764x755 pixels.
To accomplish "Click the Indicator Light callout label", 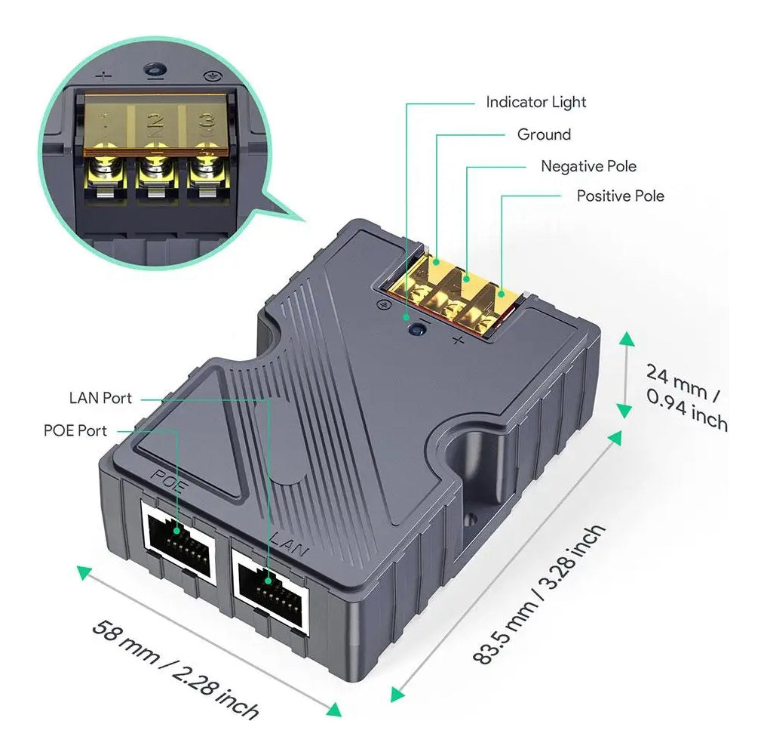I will pyautogui.click(x=535, y=102).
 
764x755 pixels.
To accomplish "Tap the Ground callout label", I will pyautogui.click(x=544, y=134).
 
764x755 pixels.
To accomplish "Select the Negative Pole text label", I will pyautogui.click(x=588, y=166).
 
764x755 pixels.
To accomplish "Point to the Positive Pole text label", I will pyautogui.click(x=620, y=196).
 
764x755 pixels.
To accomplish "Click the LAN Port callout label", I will pyautogui.click(x=100, y=398).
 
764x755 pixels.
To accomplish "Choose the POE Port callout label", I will pyautogui.click(x=75, y=430).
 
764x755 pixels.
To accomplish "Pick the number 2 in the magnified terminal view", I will pyautogui.click(x=155, y=121).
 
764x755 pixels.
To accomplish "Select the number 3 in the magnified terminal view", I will pyautogui.click(x=204, y=121).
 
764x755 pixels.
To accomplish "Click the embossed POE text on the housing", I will pyautogui.click(x=168, y=481).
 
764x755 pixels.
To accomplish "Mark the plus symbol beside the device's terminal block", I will pyautogui.click(x=458, y=341).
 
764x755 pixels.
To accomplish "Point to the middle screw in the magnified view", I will pyautogui.click(x=155, y=169).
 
